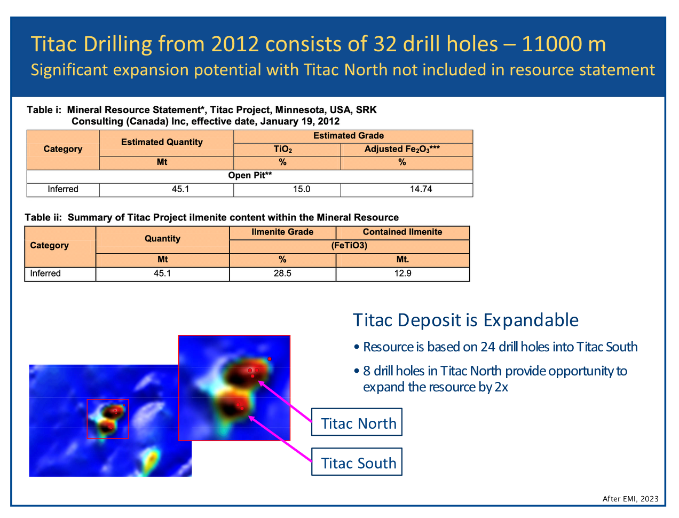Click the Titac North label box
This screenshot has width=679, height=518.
pos(357,422)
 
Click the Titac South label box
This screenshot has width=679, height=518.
pos(357,462)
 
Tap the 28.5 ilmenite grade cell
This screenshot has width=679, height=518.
pos(282,273)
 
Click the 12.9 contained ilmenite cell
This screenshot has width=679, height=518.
pos(402,273)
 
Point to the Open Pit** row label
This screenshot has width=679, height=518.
pos(250,176)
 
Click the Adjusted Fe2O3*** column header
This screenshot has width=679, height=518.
pos(402,150)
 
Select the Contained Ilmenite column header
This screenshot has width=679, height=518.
pos(402,232)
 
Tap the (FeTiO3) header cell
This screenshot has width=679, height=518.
pos(349,246)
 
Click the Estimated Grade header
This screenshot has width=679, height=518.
pos(349,136)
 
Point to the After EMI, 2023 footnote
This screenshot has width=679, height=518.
pos(630,499)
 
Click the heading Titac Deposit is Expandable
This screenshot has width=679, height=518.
pos(465,320)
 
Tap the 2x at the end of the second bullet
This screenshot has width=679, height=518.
pos(501,387)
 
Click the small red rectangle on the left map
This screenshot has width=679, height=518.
pos(108,399)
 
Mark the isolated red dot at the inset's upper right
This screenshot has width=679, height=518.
pos(270,359)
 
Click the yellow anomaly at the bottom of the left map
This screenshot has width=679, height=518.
pos(152,460)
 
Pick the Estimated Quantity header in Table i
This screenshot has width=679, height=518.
pos(162,142)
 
